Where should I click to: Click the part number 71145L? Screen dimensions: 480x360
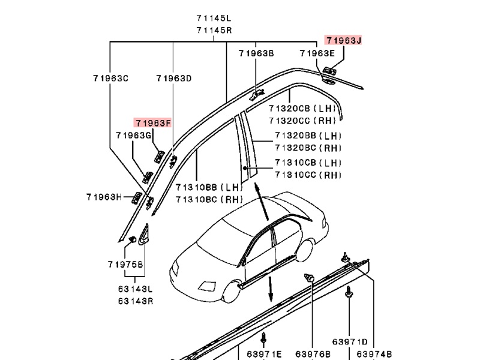pos(214,18)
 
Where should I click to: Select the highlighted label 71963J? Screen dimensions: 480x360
pos(343,40)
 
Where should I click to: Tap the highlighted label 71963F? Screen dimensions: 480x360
pos(153,123)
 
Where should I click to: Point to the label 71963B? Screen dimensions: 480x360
pos(256,53)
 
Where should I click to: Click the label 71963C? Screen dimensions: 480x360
pos(111,79)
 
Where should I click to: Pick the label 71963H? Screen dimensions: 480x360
pos(104,197)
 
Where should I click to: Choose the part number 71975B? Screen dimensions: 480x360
pos(125,265)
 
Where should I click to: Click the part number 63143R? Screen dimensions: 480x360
pos(136,301)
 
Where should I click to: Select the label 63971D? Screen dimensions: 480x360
pos(350,341)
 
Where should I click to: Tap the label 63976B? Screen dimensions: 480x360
pos(313,354)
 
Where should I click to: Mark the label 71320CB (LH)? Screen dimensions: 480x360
pos(302,109)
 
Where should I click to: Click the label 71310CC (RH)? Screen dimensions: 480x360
pos(308,175)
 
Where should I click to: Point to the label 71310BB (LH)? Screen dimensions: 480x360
pos(209,187)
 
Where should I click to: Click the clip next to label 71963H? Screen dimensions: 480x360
pos(137,198)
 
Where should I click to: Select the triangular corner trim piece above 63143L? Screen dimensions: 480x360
pos(143,235)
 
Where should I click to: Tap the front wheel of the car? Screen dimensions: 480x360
pos(232,291)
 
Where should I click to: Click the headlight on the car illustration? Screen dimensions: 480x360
pos(206,286)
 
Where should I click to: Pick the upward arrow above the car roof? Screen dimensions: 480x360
pos(261,202)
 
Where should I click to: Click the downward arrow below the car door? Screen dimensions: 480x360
pos(271,289)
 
